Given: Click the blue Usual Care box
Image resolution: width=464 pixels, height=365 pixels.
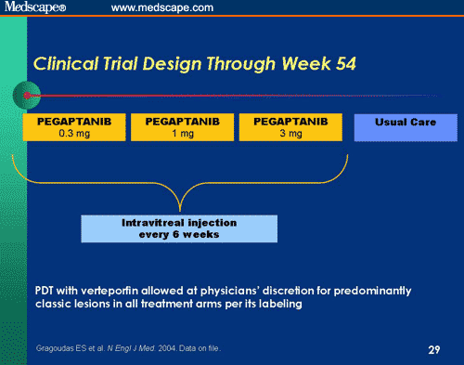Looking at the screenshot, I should pyautogui.click(x=406, y=126).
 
